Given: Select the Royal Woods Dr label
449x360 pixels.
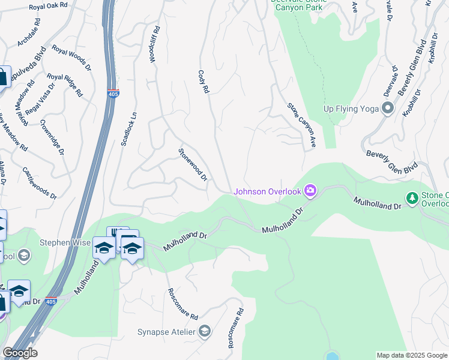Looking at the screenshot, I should point(71,58).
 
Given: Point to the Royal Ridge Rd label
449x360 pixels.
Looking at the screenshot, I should point(65,85).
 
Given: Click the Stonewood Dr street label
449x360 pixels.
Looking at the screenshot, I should point(193,165).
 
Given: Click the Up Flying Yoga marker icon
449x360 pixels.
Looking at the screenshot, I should point(388,109).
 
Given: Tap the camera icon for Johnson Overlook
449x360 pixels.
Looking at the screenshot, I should point(310,191).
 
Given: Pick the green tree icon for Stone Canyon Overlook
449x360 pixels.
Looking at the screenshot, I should point(412,197).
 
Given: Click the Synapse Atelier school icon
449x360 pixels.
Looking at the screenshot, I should point(205,332).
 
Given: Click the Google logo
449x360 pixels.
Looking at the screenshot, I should point(20,353).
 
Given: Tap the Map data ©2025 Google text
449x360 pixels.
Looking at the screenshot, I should point(411,355).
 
